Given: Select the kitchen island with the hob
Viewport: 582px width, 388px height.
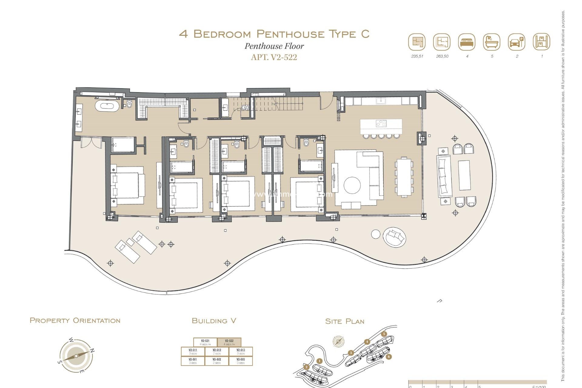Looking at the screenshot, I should click(x=381, y=126).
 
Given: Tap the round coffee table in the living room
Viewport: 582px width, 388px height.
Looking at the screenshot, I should click(x=352, y=185).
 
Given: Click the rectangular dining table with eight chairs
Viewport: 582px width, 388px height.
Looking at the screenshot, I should click(x=404, y=177).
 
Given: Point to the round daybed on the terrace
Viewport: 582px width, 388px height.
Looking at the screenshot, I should click(x=394, y=237).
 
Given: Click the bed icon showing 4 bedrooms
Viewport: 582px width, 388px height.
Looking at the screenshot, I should click(x=467, y=42).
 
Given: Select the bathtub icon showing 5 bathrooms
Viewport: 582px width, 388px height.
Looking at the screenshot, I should click(x=492, y=42).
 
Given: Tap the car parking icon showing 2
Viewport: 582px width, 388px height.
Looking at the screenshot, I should click(x=517, y=42).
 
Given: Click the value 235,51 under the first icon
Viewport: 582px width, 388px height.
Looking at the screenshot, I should click(x=417, y=56).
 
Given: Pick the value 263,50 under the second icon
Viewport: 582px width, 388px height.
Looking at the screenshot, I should click(x=442, y=56).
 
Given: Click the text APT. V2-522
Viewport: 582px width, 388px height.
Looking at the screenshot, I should click(x=274, y=57).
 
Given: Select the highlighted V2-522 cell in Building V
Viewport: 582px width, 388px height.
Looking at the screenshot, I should click(x=229, y=342).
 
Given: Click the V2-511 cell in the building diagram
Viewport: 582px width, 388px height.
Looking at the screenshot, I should click(x=193, y=352).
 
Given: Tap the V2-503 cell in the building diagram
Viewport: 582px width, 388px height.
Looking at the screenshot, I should click(x=241, y=361).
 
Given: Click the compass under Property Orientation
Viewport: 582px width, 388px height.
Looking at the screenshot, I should click(x=76, y=356).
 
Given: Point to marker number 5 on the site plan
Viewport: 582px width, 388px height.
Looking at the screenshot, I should click(x=384, y=334).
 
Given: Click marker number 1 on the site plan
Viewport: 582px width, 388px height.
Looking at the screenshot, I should click(x=319, y=361).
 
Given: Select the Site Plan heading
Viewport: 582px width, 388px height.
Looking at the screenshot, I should click(x=345, y=321).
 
